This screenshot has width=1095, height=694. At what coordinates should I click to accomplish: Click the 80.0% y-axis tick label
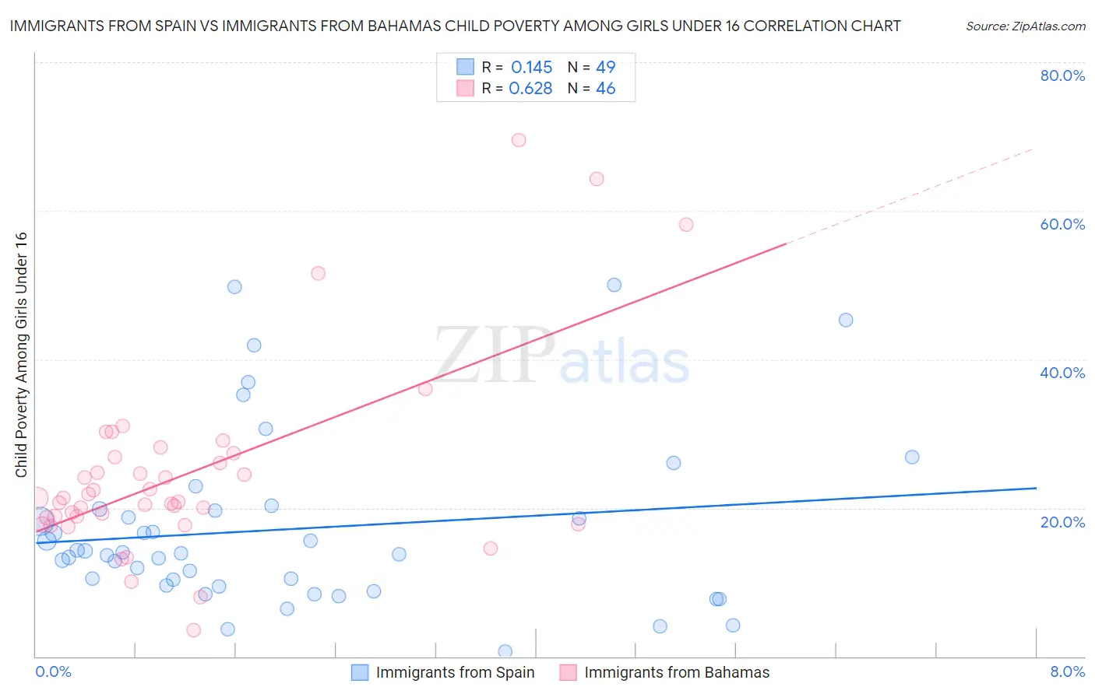tap(1062, 75)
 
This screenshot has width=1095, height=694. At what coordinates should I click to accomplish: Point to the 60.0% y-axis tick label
tap(1062, 224)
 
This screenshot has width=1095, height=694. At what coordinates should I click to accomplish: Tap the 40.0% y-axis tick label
tap(1062, 373)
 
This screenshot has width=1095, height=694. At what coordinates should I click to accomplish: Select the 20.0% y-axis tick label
tap(1062, 521)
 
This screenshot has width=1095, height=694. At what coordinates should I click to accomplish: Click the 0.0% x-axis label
tap(53, 671)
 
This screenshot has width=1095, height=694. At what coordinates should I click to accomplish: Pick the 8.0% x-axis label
tap(1067, 671)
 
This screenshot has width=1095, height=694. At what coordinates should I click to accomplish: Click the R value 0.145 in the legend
tap(531, 68)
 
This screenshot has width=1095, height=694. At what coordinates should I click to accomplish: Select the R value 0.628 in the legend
tap(530, 89)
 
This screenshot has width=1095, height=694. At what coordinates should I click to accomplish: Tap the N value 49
tap(605, 68)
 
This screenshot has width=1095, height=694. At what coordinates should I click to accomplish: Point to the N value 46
tap(605, 89)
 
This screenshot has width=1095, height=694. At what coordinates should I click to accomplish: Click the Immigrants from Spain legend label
tap(455, 673)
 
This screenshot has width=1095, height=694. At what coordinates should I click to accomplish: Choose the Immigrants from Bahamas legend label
tap(676, 673)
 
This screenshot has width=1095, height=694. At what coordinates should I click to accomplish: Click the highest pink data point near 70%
tap(519, 140)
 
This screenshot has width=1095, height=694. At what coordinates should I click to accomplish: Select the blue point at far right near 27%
tap(912, 457)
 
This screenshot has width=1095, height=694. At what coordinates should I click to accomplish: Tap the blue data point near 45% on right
tap(846, 320)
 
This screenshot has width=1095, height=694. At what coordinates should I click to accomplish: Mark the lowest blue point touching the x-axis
tap(505, 651)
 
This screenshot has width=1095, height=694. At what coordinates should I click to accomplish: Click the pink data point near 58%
tap(686, 225)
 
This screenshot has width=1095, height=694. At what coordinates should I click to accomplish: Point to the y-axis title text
tap(21, 355)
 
